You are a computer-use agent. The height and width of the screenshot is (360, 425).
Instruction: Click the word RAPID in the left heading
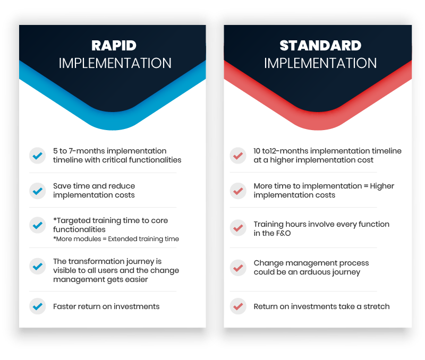114,46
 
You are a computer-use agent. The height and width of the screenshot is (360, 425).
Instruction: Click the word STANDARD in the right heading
320,46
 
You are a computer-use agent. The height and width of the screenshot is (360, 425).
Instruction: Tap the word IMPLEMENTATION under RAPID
115,63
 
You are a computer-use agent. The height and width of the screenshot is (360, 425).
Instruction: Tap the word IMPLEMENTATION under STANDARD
320,63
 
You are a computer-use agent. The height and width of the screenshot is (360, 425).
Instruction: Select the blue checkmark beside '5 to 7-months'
37,156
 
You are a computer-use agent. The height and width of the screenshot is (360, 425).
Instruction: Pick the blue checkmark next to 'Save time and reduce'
37,191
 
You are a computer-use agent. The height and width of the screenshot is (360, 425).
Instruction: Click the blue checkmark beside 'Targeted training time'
37,225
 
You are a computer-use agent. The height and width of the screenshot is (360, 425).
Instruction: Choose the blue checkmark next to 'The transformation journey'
37,266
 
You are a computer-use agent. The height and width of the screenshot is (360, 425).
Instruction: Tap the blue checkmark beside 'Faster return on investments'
37,306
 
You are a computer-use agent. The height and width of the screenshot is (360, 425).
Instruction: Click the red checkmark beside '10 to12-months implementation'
238,156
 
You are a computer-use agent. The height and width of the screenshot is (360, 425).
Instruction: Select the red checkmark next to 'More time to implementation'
238,191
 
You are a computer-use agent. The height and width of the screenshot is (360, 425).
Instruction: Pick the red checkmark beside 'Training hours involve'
238,228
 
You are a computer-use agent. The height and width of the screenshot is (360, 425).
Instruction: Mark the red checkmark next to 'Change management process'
238,268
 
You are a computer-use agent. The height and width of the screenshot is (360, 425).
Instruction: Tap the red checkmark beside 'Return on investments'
238,306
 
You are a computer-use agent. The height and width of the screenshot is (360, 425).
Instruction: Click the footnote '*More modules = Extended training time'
116,239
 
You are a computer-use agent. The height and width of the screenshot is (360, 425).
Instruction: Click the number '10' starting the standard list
257,151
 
